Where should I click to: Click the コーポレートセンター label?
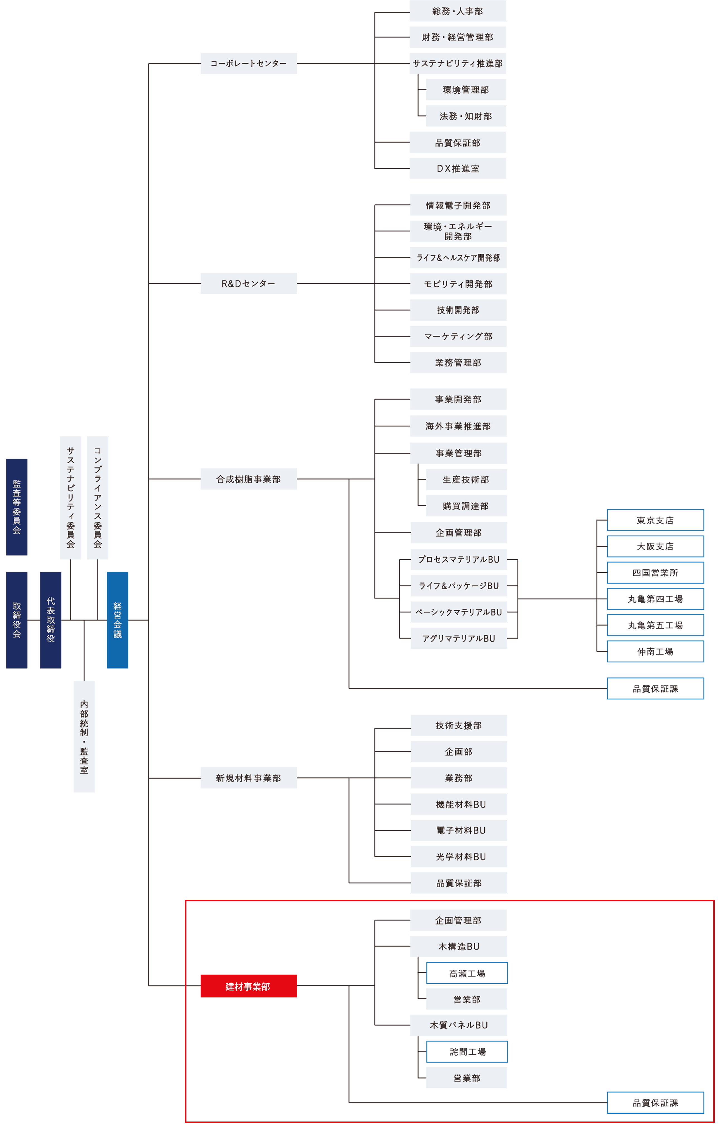pyautogui.click(x=248, y=63)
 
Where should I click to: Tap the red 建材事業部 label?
pyautogui.click(x=248, y=986)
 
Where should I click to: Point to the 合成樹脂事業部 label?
pyautogui.click(x=248, y=479)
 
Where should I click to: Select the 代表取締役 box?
pyautogui.click(x=50, y=620)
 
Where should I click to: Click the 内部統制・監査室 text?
pyautogui.click(x=84, y=737)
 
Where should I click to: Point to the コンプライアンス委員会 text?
pyautogui.click(x=98, y=497)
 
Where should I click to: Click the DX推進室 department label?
pyautogui.click(x=458, y=169)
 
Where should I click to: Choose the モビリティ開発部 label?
pyautogui.click(x=458, y=284)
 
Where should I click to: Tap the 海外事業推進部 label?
pyautogui.click(x=458, y=426)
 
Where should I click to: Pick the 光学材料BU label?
pyautogui.click(x=461, y=856)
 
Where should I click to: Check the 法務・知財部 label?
pyautogui.click(x=465, y=116)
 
